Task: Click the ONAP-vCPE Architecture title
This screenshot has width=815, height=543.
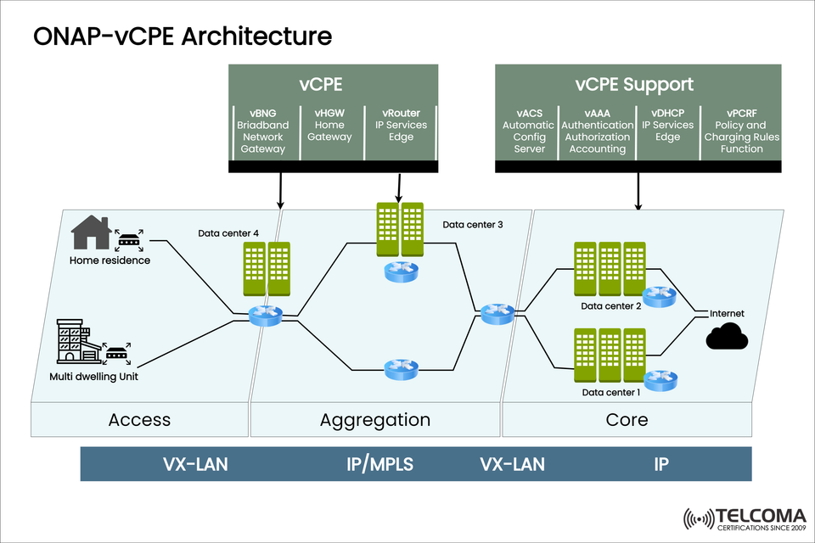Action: point(182,37)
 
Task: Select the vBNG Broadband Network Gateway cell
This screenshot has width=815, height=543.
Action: point(262,131)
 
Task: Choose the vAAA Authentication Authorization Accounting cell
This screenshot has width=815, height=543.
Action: point(597,131)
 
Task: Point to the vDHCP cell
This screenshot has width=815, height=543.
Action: point(667,131)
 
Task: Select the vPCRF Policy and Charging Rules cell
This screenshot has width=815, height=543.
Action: point(735,131)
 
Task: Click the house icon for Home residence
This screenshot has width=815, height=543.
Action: point(91,232)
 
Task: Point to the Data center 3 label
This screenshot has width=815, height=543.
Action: point(472,225)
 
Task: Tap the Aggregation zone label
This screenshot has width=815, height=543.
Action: point(374,420)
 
